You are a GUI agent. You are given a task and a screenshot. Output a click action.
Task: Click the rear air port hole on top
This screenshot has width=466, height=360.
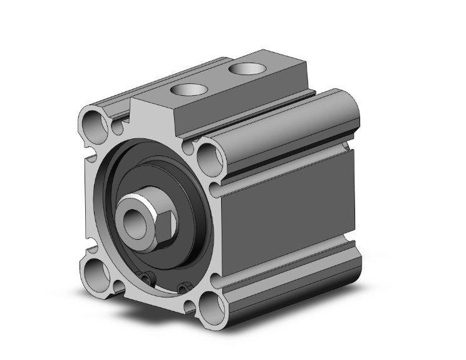(244, 67)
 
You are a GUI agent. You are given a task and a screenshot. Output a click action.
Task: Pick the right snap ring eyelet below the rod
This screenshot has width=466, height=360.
(182, 288)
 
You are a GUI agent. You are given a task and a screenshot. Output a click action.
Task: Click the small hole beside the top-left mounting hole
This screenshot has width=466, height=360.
(117, 130)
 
